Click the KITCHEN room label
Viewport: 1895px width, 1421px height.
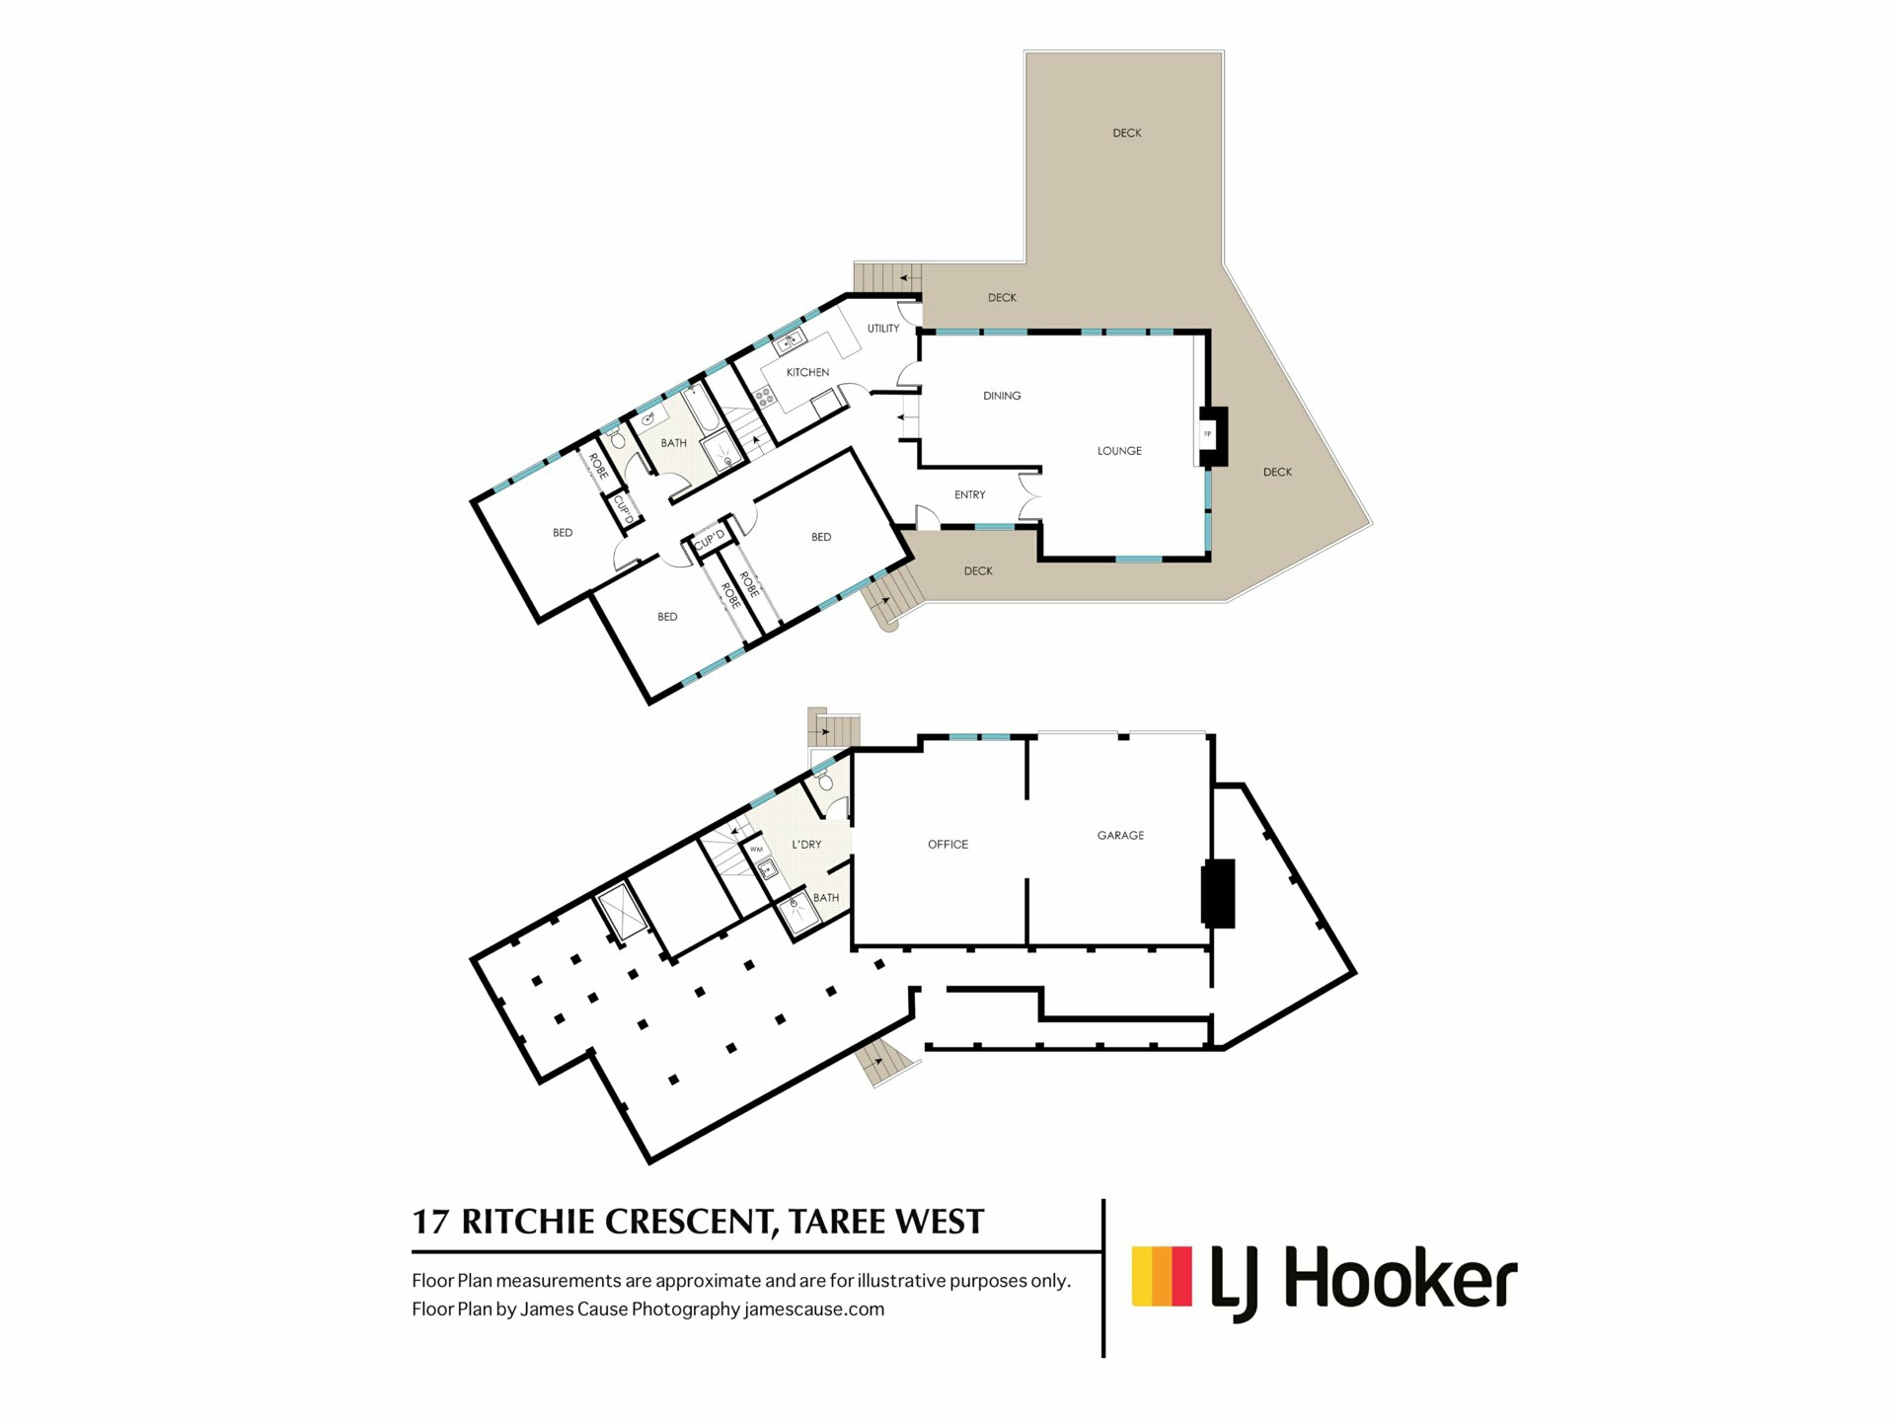pyautogui.click(x=807, y=372)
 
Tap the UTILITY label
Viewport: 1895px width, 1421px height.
pyautogui.click(x=883, y=329)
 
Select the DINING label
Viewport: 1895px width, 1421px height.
pyautogui.click(x=1002, y=396)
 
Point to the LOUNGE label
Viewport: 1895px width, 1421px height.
pyautogui.click(x=1119, y=451)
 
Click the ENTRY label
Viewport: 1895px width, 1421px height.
pyautogui.click(x=970, y=494)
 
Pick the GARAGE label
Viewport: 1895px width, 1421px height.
pyautogui.click(x=1121, y=835)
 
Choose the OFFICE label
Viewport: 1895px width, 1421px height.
pyautogui.click(x=947, y=844)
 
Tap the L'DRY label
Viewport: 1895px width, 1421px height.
pyautogui.click(x=806, y=844)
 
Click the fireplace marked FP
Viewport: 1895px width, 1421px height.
pyautogui.click(x=1207, y=434)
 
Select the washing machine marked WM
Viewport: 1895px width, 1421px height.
pyautogui.click(x=757, y=849)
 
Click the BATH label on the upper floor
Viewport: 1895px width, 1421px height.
pyautogui.click(x=674, y=443)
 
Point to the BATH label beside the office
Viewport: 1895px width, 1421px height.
pyautogui.click(x=826, y=897)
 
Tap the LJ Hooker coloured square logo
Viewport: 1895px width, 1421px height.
pyautogui.click(x=1162, y=1276)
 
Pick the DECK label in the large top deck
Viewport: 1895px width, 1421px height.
pyautogui.click(x=1127, y=132)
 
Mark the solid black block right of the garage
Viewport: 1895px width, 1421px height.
pyautogui.click(x=1218, y=893)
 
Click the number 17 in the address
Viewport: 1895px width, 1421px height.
pyautogui.click(x=430, y=1222)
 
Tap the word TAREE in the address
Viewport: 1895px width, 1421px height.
pyautogui.click(x=836, y=1222)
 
